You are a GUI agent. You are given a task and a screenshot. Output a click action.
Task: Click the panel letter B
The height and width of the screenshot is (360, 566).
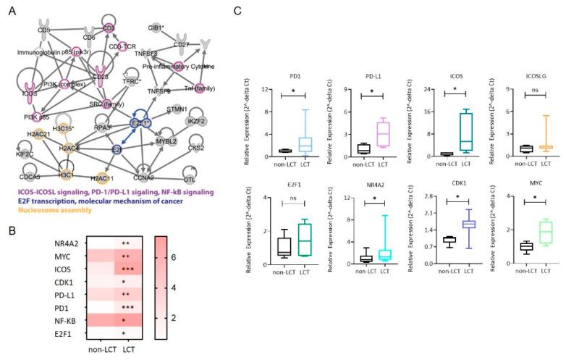[x=10, y=232]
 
